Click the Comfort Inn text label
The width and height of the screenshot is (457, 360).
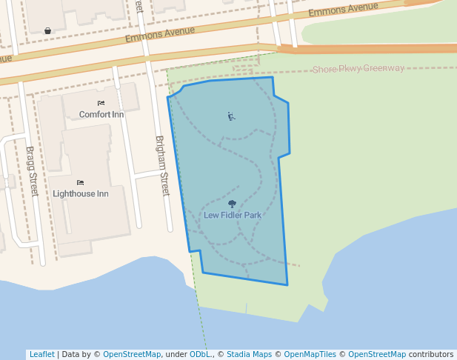click(101, 115)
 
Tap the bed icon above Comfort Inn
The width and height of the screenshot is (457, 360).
click(101, 103)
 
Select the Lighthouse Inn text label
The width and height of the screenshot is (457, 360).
click(81, 194)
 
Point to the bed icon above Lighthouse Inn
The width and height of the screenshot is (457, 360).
click(80, 182)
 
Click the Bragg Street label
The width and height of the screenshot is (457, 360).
click(31, 171)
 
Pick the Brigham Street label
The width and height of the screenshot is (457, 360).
click(162, 166)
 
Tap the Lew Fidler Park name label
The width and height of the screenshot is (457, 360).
click(233, 216)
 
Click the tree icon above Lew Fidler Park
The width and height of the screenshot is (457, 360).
click(233, 204)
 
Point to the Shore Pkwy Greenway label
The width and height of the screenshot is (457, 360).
click(358, 69)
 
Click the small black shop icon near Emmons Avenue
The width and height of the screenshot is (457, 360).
click(48, 30)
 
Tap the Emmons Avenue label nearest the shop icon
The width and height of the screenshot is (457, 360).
click(160, 34)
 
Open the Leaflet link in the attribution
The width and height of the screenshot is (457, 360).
click(41, 355)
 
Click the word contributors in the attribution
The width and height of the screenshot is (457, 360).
click(431, 355)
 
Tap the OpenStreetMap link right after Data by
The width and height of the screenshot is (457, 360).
click(132, 355)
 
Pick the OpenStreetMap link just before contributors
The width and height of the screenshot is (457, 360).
click(377, 355)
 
